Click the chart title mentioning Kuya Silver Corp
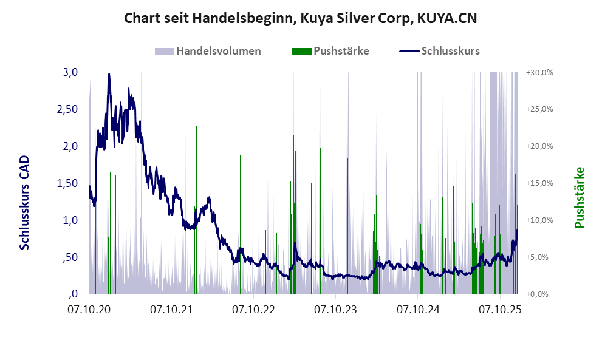point(300,19)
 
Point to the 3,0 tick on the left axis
point(70,72)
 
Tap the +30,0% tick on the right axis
point(539,72)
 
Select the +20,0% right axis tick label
point(539,146)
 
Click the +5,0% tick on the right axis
point(539,257)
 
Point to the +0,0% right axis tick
point(539,294)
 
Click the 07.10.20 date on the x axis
point(89,310)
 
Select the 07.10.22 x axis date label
point(253,310)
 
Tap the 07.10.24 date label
point(418,310)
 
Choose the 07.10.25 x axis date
point(500,310)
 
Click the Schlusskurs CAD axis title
point(25,203)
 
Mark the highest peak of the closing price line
point(109,74)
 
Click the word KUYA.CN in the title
point(446,19)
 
